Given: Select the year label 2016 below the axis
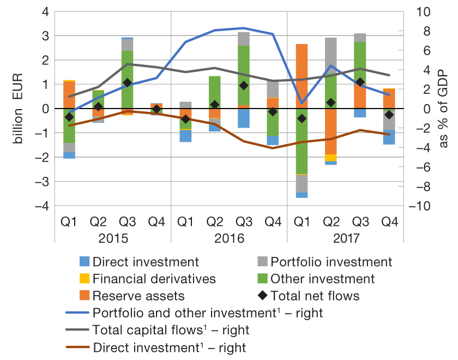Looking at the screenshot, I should (x=229, y=238).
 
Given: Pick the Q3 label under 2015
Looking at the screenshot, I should (x=127, y=222).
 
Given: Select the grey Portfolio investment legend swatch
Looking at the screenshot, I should (x=262, y=262).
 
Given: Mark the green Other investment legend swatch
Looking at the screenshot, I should (x=262, y=279).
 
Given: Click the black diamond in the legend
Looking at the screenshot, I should (x=262, y=296).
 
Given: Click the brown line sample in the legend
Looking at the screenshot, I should (x=76, y=347).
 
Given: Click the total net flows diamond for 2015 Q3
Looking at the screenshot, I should (x=127, y=82).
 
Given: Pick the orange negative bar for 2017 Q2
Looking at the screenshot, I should (x=330, y=131).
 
